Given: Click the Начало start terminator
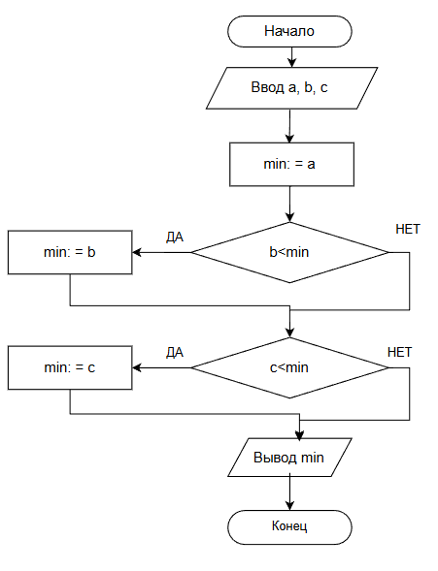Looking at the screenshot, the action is (x=289, y=31).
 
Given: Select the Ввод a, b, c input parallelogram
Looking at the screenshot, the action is (x=291, y=88).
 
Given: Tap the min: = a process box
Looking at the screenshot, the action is (x=291, y=164).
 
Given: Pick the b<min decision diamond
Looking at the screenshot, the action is (x=290, y=252).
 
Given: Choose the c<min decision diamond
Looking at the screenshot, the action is (x=290, y=367).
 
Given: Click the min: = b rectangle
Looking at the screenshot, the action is (x=70, y=252).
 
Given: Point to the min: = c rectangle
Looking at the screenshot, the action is (x=70, y=367).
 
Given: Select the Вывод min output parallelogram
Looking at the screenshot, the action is (x=289, y=458).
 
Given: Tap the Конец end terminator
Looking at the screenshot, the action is (x=289, y=527).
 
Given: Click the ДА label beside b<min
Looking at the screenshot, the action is (x=175, y=238).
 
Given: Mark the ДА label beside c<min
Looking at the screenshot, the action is (x=175, y=353).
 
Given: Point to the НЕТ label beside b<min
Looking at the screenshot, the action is (x=408, y=229).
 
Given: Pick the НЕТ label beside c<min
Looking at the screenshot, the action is (x=400, y=352).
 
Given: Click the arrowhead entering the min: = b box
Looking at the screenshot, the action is (x=137, y=252).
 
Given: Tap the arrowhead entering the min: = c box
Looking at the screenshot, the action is (x=137, y=367).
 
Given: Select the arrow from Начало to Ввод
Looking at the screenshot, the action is (x=291, y=57).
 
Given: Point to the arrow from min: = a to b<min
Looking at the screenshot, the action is (x=290, y=205).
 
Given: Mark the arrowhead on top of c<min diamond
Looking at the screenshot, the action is (x=290, y=333).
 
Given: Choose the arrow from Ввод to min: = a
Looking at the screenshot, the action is (x=290, y=126).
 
